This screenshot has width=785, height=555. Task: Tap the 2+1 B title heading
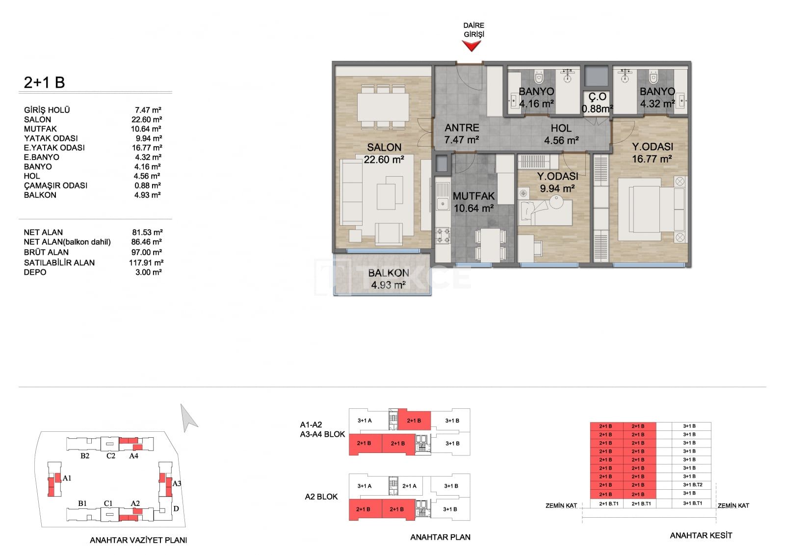[x=44, y=82]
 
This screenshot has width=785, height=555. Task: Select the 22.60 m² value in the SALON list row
[x=147, y=120]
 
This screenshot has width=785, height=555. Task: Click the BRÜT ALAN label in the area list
[x=46, y=252]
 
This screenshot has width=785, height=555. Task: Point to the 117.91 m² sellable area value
[x=146, y=263]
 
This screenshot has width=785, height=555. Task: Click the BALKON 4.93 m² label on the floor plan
[x=388, y=279]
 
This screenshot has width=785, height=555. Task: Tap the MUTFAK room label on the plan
[x=473, y=196]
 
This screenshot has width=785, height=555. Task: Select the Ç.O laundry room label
[x=597, y=97]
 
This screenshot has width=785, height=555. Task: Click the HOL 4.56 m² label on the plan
[x=561, y=134]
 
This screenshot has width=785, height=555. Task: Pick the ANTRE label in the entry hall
[x=462, y=128]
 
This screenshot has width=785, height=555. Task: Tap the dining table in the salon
[x=383, y=107]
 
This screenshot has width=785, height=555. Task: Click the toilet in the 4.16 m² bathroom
[x=538, y=77]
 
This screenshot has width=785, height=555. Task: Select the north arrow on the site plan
[x=188, y=418]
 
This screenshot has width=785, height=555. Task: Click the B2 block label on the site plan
[x=85, y=456]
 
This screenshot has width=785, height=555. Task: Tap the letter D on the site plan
[x=176, y=508]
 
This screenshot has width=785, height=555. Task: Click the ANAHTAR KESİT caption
[x=701, y=535]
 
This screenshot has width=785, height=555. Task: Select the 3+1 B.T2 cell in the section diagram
[x=692, y=485]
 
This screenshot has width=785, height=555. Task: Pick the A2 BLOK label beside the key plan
[x=321, y=497]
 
